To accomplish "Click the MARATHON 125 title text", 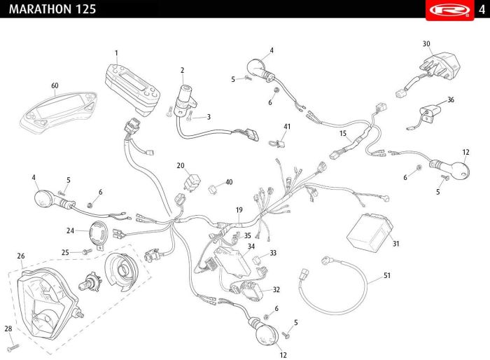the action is pos(52,9).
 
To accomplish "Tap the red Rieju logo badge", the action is pos(449,10).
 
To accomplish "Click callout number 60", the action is pos(55,85).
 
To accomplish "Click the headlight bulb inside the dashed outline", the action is pos(90,281).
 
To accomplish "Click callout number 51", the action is pos(387,275).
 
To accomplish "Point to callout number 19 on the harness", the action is pos(239,210).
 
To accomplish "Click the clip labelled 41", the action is pos(277,144).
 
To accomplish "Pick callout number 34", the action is pos(251,247).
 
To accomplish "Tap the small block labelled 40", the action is pos(213,189).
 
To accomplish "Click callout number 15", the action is pos(343,134).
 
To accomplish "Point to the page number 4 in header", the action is pos(482,10).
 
